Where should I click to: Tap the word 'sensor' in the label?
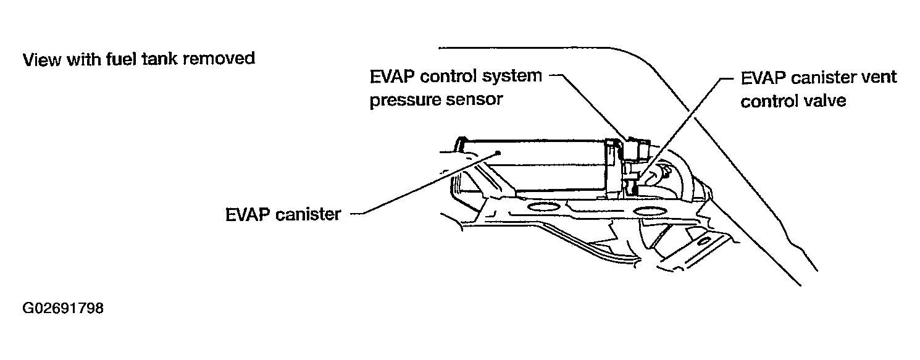480,100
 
